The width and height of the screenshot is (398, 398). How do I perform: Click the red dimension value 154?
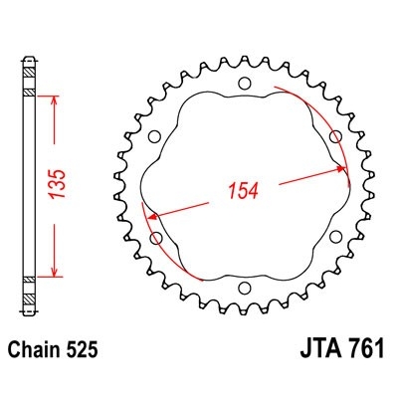244,191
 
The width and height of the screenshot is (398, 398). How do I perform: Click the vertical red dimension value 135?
57,184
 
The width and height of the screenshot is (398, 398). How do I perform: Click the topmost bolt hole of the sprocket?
245,84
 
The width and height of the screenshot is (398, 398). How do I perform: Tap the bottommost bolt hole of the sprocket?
245,288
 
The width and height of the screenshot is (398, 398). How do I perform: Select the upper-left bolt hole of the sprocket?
154,136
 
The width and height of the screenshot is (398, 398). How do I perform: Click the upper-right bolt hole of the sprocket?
335,136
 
